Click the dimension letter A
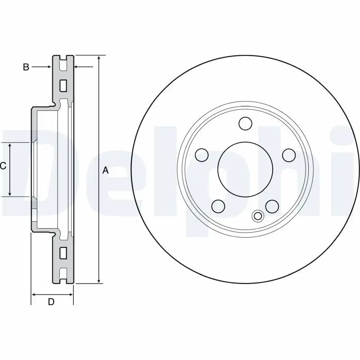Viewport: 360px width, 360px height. click(106, 170)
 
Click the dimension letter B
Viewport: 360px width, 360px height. click(26, 67)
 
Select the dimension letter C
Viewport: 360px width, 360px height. click(3, 166)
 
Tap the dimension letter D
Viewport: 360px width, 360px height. click(51, 302)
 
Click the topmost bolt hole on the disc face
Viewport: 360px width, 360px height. click(246, 123)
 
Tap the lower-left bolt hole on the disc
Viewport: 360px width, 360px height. click(218, 206)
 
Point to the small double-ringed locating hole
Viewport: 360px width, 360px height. click(258, 216)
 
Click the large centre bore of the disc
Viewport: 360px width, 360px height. click(245, 169)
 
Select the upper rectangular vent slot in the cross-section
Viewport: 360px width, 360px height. click(63, 85)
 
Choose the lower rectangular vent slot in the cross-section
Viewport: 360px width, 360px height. click(63, 252)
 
